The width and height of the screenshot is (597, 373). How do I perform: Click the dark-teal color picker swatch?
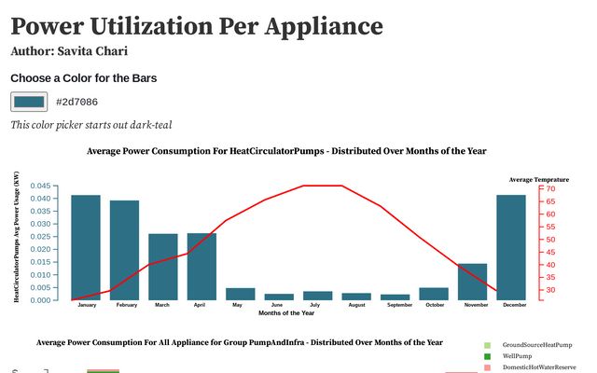click(29, 102)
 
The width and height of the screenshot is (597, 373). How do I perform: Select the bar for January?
click(86, 247)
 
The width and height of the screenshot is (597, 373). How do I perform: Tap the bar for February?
click(124, 250)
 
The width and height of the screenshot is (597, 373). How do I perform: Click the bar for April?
click(201, 267)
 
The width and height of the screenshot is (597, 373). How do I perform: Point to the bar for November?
click(473, 282)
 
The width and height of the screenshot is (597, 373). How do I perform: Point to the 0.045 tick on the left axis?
click(41, 186)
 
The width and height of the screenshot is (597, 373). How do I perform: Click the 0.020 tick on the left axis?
click(41, 250)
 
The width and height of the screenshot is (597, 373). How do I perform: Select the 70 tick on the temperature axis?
click(550, 189)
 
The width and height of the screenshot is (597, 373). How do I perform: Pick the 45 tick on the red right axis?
click(550, 253)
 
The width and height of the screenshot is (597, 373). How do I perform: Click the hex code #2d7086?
click(77, 102)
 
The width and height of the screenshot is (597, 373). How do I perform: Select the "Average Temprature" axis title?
click(538, 178)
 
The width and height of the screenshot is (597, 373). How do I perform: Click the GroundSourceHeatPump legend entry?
click(536, 345)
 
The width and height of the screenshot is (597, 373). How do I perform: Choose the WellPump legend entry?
click(519, 357)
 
